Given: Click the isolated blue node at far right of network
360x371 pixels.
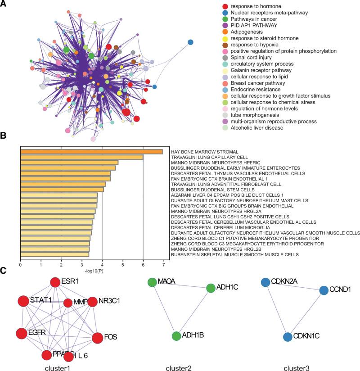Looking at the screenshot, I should click(x=190, y=42).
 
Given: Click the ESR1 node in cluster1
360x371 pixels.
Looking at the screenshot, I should click(x=55, y=282).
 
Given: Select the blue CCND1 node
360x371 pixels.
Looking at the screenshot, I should click(x=324, y=290).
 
